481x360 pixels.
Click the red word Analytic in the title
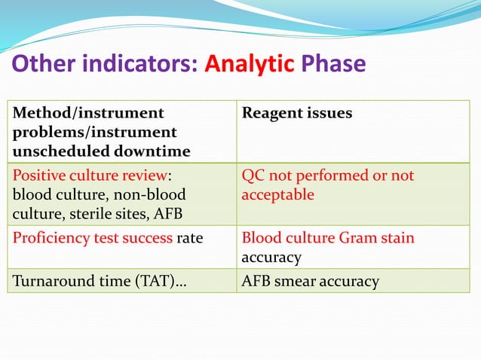tap(248, 64)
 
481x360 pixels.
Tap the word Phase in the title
tap(333, 64)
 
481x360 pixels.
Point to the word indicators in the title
tap(141, 64)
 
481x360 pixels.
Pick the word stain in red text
tap(396, 239)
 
